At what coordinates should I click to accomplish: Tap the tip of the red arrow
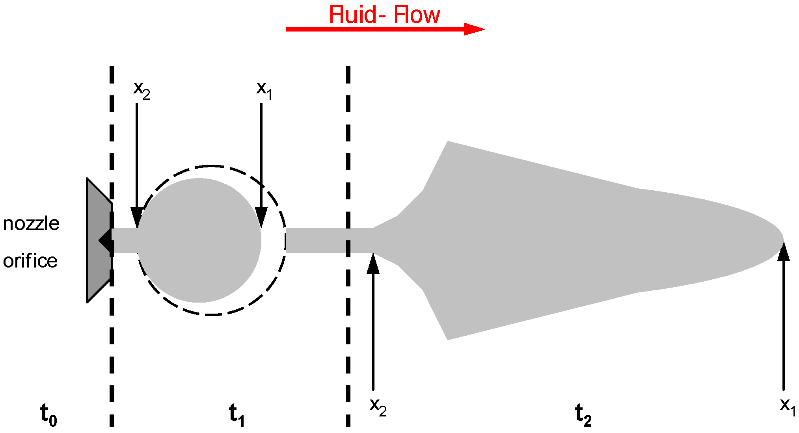tap(483, 29)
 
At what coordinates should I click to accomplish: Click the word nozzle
tap(31, 224)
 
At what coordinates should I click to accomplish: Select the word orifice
tap(30, 261)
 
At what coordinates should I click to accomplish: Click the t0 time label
tap(48, 415)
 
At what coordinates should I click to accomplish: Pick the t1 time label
tap(237, 415)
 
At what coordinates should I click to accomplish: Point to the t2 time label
tap(583, 415)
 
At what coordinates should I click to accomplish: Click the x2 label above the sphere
tap(142, 90)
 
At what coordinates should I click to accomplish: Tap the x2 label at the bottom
tap(378, 407)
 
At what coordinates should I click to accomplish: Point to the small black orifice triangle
tap(106, 240)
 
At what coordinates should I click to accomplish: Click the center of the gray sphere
tap(199, 240)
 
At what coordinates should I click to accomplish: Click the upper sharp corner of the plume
tap(448, 142)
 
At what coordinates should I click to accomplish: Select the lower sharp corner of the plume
tap(448, 338)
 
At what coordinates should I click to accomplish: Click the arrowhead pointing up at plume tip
tap(784, 252)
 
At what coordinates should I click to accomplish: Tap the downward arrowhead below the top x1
tap(261, 217)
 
